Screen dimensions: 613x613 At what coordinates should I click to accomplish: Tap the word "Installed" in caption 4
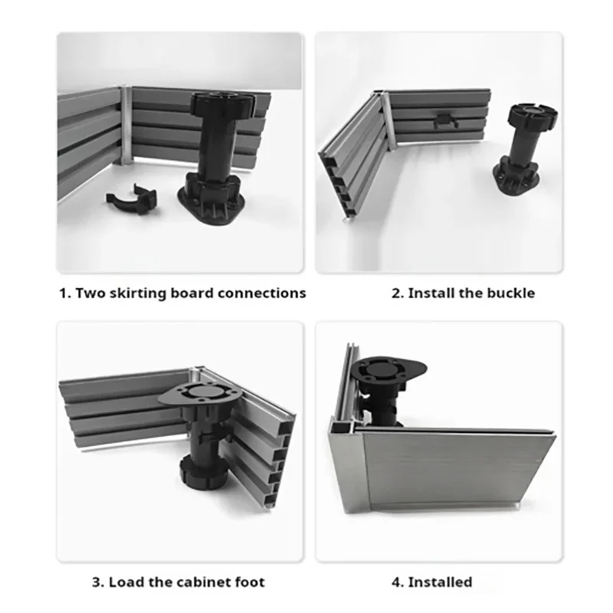[441, 582]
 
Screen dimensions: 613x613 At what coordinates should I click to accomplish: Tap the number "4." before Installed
[398, 582]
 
